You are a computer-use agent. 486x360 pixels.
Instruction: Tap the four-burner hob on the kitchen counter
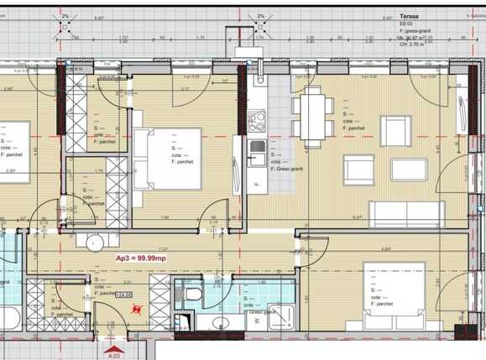(258, 126)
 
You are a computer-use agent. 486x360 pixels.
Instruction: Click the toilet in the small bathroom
(192, 293)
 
